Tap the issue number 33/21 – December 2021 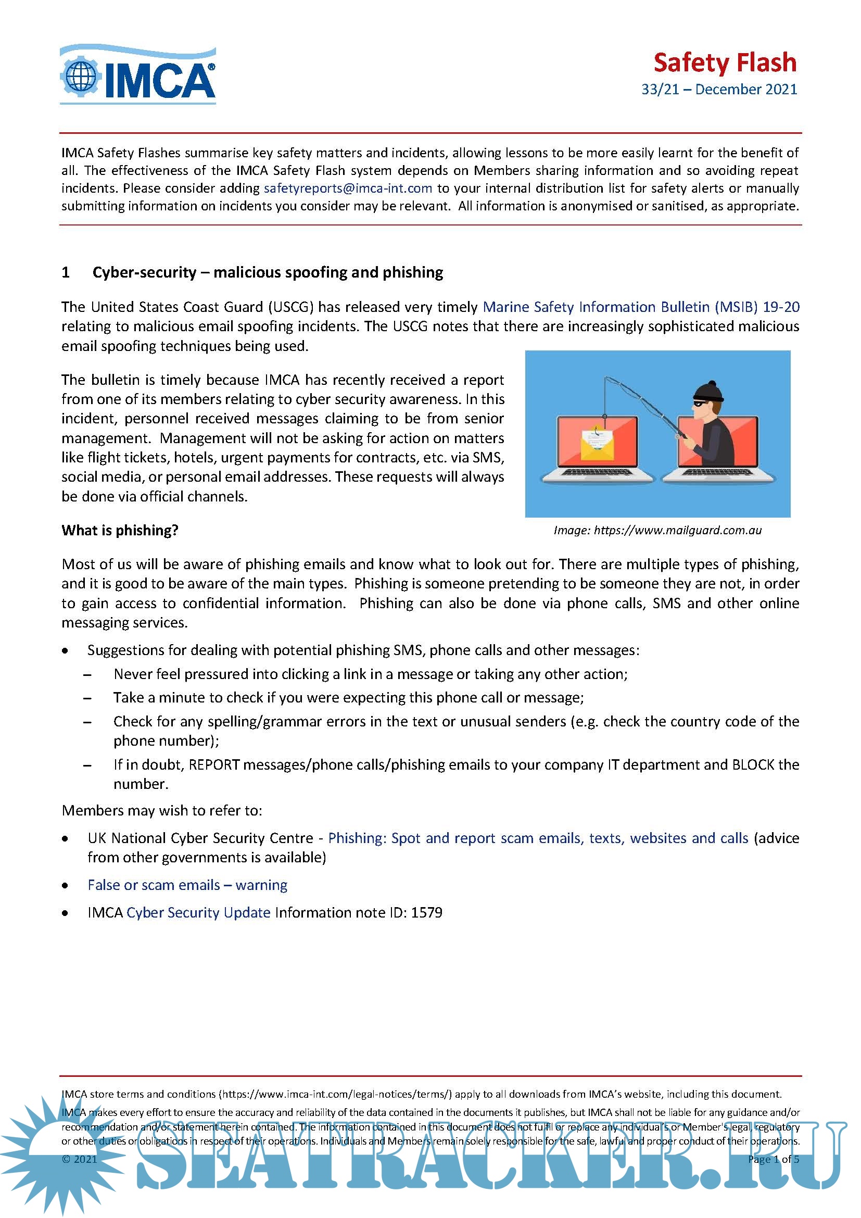[719, 89]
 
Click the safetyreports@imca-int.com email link [348, 189]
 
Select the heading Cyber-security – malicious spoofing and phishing [268, 272]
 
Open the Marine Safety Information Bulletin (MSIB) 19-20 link [641, 307]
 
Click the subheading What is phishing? [120, 530]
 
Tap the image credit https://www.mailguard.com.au [677, 530]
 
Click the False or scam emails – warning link [187, 885]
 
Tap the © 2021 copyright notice [80, 1159]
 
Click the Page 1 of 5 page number [773, 1159]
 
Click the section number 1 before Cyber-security [66, 272]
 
